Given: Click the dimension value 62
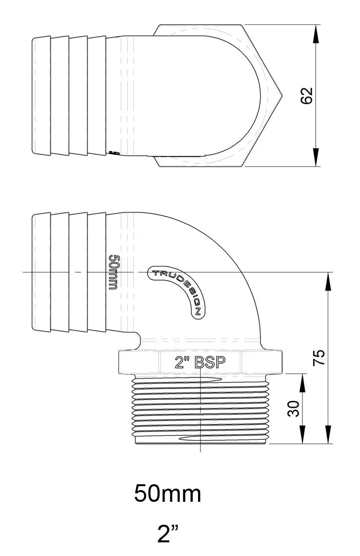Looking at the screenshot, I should pos(307,96).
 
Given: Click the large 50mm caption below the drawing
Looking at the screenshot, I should pos(167,494).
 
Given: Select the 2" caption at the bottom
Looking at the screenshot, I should pos(167,534).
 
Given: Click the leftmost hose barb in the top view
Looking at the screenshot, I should pos(41,96).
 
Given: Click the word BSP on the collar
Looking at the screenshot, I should pos(210,362).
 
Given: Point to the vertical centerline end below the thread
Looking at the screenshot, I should pos(200,451).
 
